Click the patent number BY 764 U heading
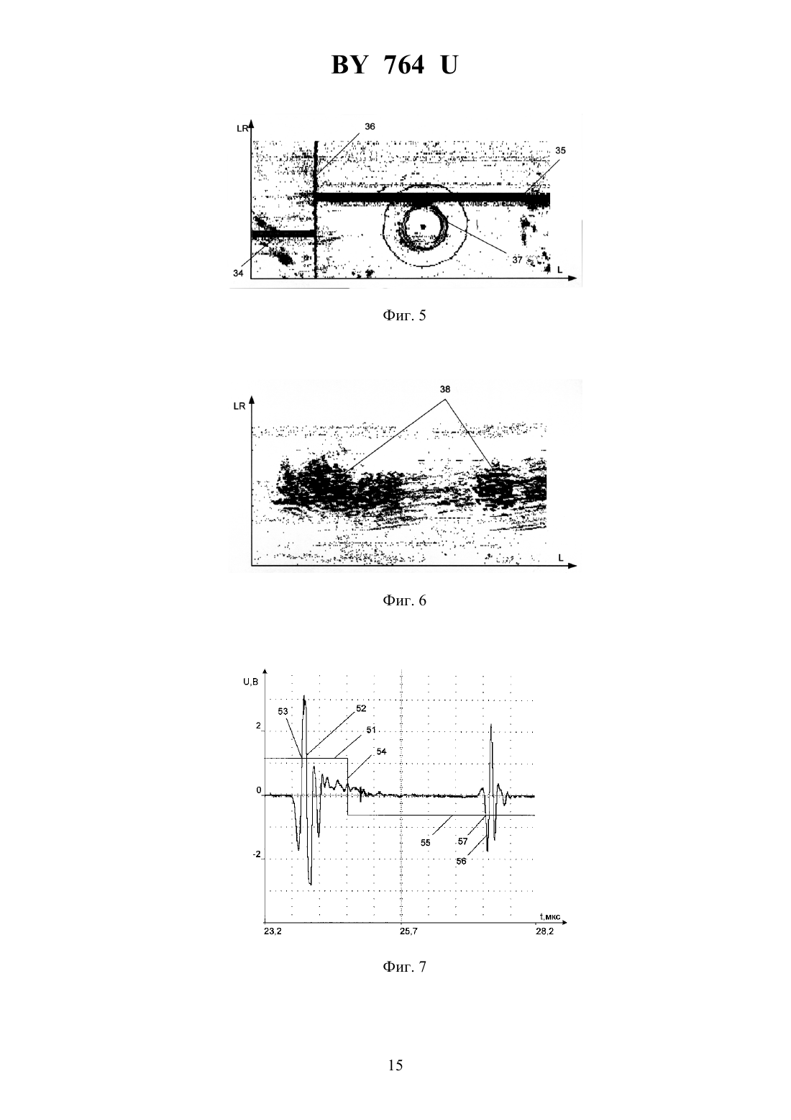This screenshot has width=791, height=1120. click(x=395, y=65)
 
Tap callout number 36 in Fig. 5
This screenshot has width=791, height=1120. click(x=370, y=127)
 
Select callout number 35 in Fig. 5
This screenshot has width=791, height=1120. click(x=560, y=150)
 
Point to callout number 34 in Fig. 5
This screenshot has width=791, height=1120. click(x=238, y=273)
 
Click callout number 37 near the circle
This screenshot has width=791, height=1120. click(x=517, y=260)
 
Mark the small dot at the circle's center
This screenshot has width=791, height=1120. click(x=424, y=227)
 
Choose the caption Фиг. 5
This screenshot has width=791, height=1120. click(x=404, y=315)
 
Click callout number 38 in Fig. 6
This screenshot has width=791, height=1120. click(x=445, y=389)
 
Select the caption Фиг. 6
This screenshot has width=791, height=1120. click(x=404, y=600)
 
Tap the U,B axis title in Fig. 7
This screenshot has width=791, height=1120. click(x=251, y=682)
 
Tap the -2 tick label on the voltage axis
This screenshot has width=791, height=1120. click(x=257, y=854)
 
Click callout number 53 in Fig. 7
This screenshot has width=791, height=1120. click(x=283, y=711)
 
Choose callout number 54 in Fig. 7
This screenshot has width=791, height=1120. click(x=382, y=751)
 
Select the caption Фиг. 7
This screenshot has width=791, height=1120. click(x=404, y=967)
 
